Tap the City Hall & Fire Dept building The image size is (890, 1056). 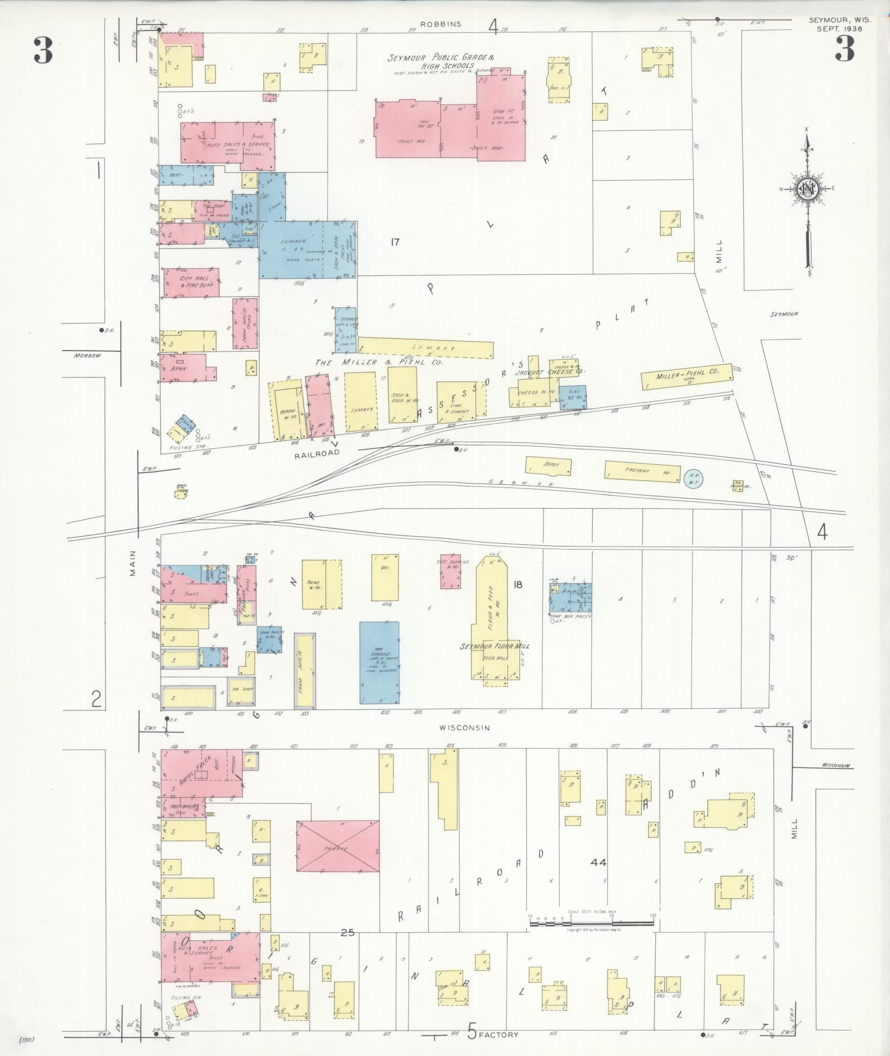190,283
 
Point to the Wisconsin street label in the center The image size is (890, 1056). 465,728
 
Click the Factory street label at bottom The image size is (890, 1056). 499,1034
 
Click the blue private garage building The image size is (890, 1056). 380,662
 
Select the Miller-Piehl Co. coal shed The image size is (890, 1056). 687,376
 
